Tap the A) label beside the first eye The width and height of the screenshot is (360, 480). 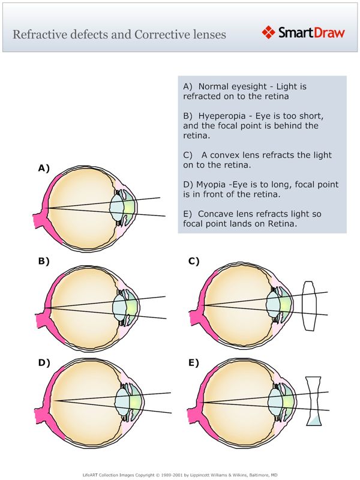tap(44, 169)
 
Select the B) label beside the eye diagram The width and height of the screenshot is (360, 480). tap(44, 261)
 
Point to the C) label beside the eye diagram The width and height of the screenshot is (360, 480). tap(194, 261)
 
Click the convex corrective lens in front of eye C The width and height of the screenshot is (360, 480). tap(310, 305)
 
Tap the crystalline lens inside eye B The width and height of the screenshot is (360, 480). tap(122, 305)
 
